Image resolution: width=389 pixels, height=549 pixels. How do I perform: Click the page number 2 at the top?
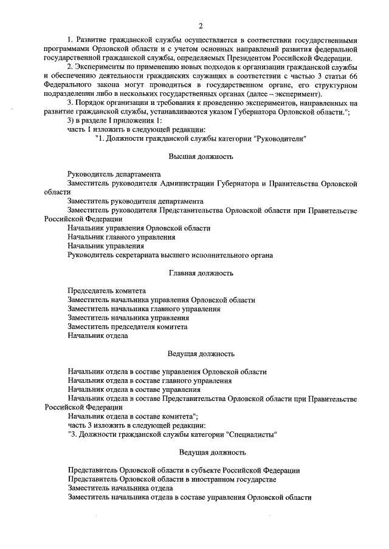(x=200, y=25)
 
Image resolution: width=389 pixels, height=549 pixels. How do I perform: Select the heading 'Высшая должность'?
(x=200, y=157)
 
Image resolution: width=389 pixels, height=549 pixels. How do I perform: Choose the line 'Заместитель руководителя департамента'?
(x=136, y=201)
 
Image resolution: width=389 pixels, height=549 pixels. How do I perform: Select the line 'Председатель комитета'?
(x=107, y=291)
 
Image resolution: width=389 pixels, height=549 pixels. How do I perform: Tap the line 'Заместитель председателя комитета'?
(x=128, y=326)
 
